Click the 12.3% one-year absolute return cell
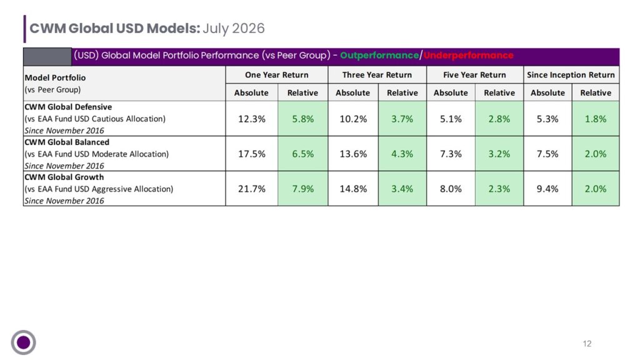[252, 119]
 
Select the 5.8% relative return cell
[303, 119]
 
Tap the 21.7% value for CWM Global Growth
[252, 189]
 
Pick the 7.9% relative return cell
[303, 189]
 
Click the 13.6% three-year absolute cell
[353, 154]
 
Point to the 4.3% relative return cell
[402, 154]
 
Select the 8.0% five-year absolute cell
[451, 189]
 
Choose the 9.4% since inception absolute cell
[547, 189]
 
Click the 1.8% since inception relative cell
[596, 119]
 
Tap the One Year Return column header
[277, 75]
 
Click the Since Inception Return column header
[571, 75]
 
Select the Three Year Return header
[377, 75]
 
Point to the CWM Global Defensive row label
[68, 107]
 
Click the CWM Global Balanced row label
[67, 142]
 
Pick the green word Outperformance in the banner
[379, 56]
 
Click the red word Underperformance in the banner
[468, 56]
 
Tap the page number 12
[587, 344]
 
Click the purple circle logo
[23, 342]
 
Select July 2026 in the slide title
[234, 29]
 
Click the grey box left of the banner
[47, 57]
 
